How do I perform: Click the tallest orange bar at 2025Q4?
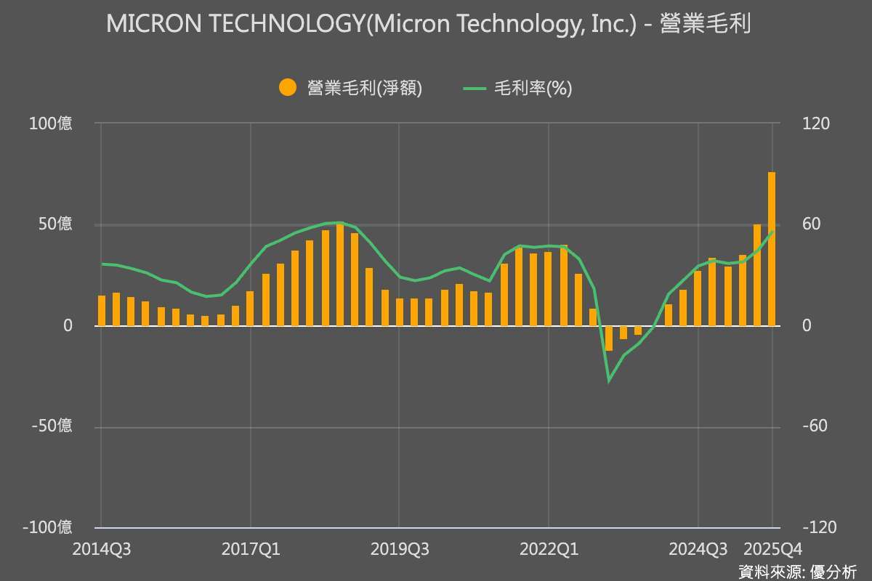click(772, 249)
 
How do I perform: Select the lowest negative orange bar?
click(609, 338)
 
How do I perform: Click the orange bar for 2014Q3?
click(102, 311)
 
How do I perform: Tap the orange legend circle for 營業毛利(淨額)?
click(288, 88)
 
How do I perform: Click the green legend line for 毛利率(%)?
click(474, 88)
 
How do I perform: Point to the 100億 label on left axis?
click(50, 124)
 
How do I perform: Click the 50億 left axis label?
click(55, 224)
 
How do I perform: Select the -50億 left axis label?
click(52, 426)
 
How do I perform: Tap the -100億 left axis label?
click(48, 527)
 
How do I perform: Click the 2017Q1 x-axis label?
click(251, 550)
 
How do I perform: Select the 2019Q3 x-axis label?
click(400, 550)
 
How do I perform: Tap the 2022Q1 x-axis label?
click(549, 550)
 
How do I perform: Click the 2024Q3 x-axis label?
click(698, 550)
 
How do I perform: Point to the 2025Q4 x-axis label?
click(772, 550)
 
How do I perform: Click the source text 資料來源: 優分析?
click(797, 571)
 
